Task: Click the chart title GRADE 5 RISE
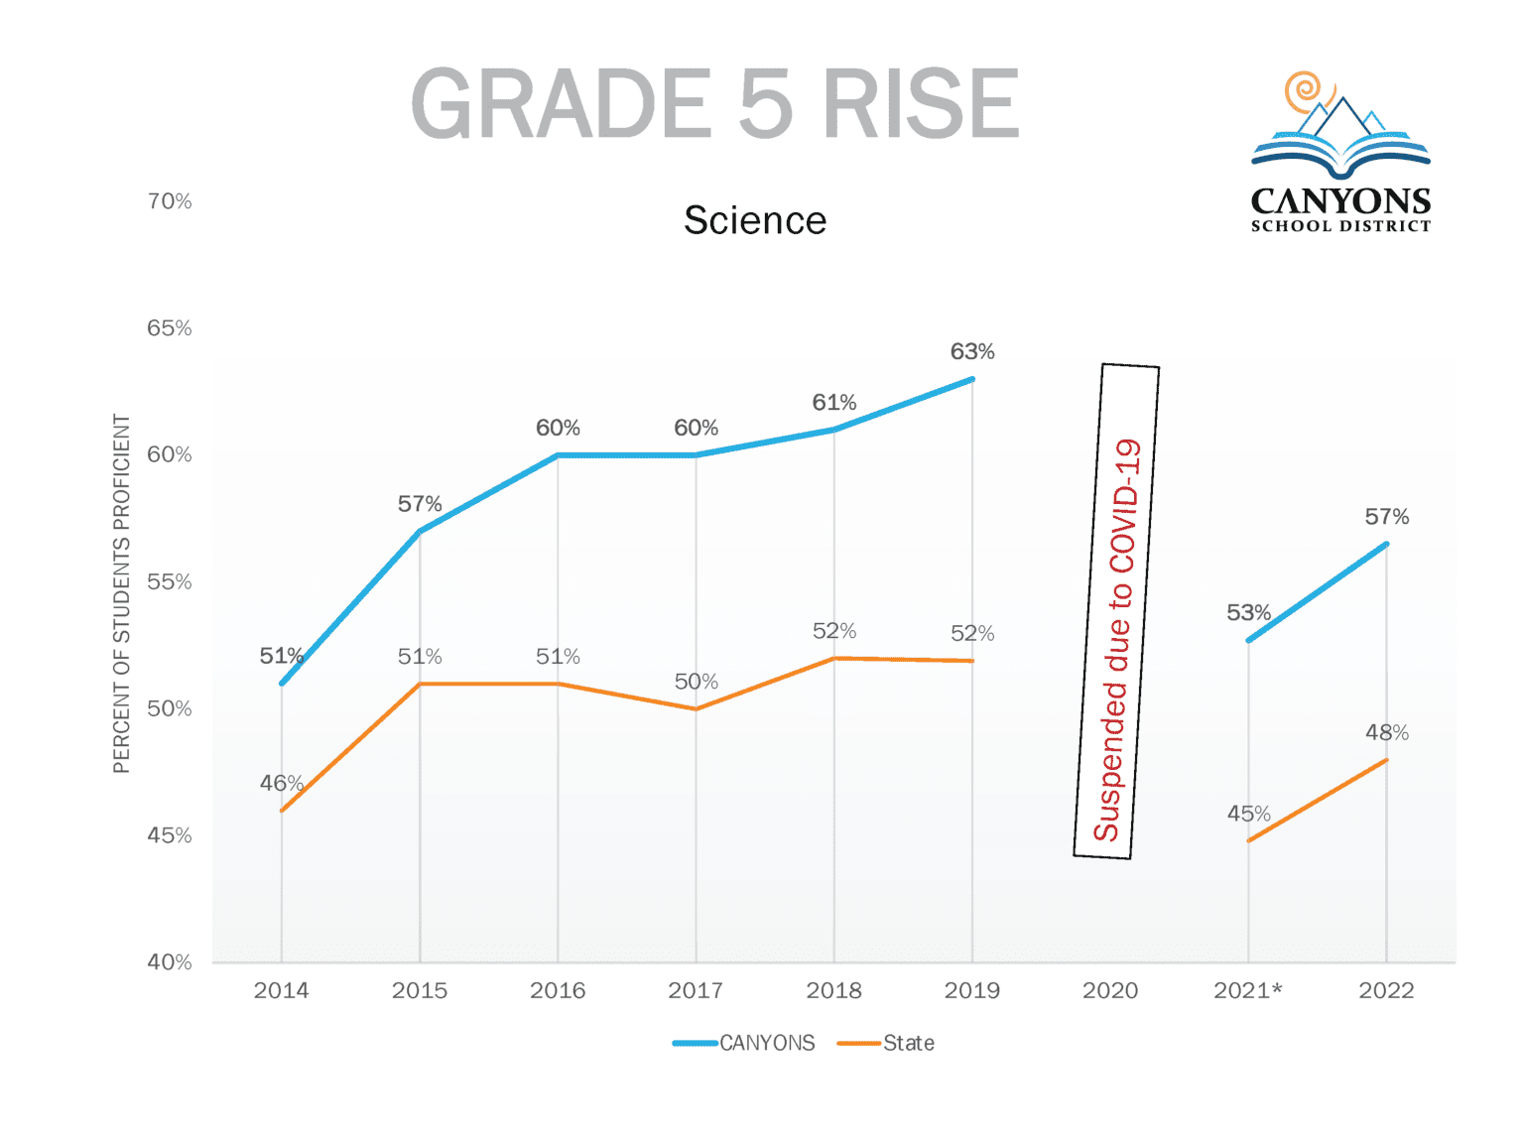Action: pos(714,103)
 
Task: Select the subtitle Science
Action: pos(754,220)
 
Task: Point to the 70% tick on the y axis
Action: pos(170,201)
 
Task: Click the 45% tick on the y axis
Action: pos(170,835)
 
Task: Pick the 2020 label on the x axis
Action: pos(1110,990)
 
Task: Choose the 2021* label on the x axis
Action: pos(1248,990)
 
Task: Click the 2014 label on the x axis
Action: pos(281,990)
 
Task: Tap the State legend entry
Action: pos(886,1043)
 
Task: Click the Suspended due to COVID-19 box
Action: pos(1116,611)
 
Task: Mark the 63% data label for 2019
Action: pos(972,352)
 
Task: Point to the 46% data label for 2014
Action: pos(281,784)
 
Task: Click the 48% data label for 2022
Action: pos(1386,733)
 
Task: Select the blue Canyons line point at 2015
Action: pos(420,532)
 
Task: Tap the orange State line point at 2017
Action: pos(696,708)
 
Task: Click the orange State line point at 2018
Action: pos(834,658)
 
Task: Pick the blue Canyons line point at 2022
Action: pos(1386,544)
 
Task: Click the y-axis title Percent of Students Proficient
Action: pos(122,593)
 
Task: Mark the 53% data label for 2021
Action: pos(1248,613)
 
